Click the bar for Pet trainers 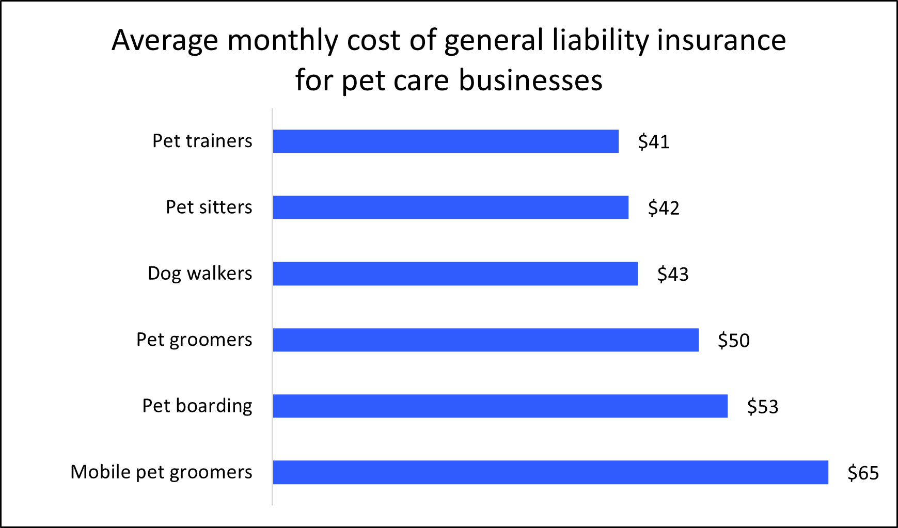[446, 141]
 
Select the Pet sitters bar [450, 207]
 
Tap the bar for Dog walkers [455, 274]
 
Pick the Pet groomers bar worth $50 [485, 340]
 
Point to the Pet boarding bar [500, 406]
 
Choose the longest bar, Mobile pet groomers [550, 472]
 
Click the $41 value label [654, 142]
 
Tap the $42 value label [664, 208]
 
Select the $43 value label [673, 274]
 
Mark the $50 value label [734, 341]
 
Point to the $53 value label [763, 407]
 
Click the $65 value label [863, 473]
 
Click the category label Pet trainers [202, 141]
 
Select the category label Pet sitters [209, 207]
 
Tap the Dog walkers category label [200, 274]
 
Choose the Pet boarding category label [197, 406]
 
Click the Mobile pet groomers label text [161, 472]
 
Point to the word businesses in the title [530, 81]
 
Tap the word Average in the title [165, 40]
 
